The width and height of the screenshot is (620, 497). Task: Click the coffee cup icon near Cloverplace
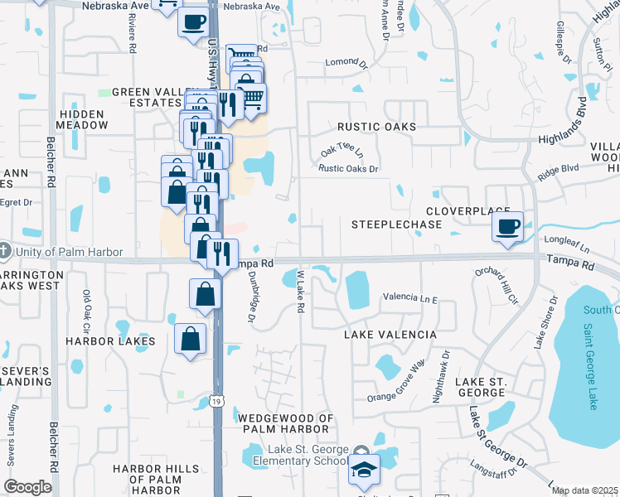point(507,225)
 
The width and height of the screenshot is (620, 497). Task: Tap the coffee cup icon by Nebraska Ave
point(193,22)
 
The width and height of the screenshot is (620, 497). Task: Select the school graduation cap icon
point(364,469)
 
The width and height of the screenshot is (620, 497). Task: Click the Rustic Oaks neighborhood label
point(376,126)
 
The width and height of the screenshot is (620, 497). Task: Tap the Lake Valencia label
point(390,334)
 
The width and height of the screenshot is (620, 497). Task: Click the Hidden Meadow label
point(81,119)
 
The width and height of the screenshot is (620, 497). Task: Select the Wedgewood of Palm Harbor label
point(286,424)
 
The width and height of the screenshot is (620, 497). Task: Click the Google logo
point(27,487)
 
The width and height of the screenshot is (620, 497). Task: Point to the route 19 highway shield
point(216,401)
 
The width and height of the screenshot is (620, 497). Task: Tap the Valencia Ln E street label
point(409,297)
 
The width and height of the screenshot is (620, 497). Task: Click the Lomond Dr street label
point(347,63)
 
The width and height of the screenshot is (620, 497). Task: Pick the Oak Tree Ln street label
point(342,152)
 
